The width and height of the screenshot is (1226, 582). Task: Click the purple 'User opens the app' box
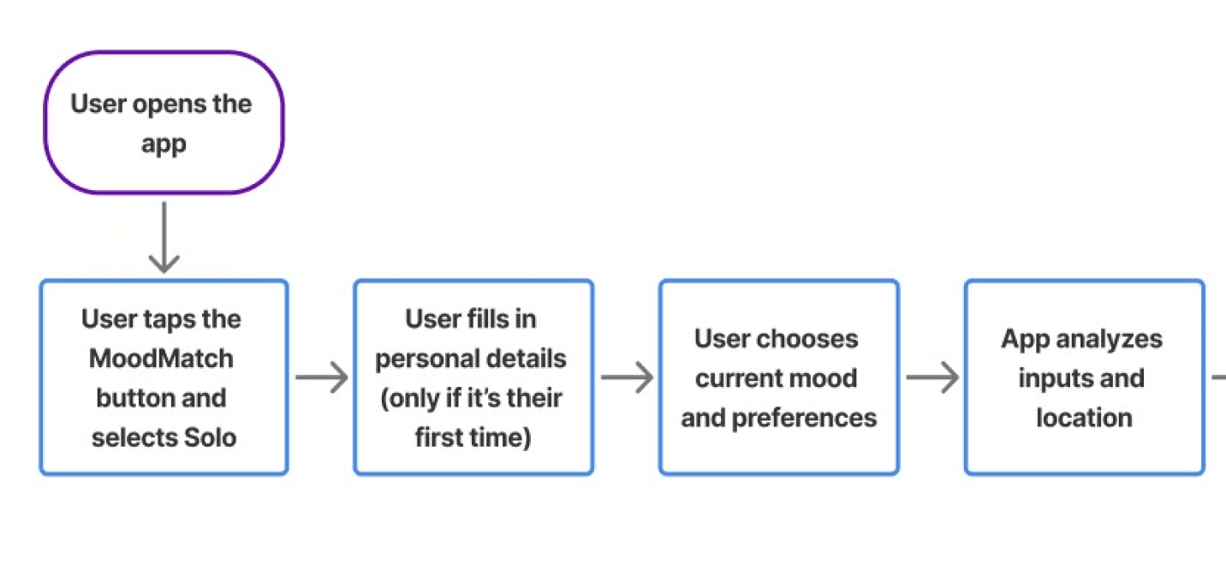pyautogui.click(x=163, y=122)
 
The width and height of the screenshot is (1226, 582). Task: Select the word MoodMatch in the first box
pyautogui.click(x=161, y=359)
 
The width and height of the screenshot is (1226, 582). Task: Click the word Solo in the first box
pyautogui.click(x=211, y=437)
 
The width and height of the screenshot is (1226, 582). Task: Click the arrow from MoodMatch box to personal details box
pyautogui.click(x=321, y=377)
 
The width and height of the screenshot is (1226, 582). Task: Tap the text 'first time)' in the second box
pyautogui.click(x=473, y=437)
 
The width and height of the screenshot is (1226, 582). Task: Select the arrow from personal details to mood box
pyautogui.click(x=626, y=377)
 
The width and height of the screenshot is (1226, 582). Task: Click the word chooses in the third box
pyautogui.click(x=812, y=339)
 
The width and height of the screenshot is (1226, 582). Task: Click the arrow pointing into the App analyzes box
pyautogui.click(x=931, y=377)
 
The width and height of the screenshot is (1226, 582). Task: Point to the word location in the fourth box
pyautogui.click(x=1084, y=418)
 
